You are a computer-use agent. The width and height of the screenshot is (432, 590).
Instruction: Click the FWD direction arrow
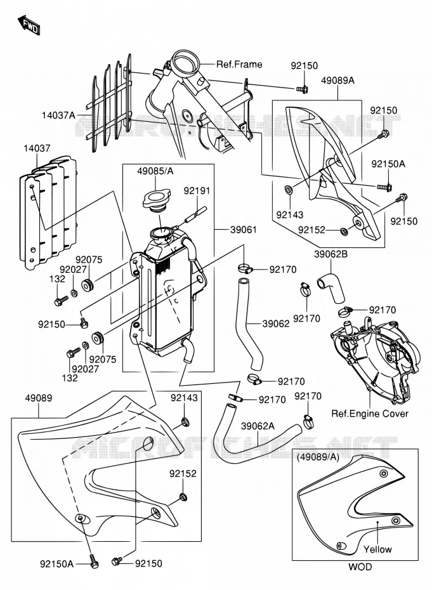click(x=29, y=25)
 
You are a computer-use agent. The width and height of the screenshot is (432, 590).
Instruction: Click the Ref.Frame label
click(x=239, y=64)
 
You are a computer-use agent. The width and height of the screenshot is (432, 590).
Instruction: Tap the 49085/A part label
click(x=155, y=171)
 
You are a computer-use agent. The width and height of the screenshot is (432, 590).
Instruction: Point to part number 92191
click(x=197, y=191)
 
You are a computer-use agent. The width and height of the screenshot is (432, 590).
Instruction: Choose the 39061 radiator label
click(x=244, y=230)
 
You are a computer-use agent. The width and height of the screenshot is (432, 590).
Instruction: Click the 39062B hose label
click(x=331, y=254)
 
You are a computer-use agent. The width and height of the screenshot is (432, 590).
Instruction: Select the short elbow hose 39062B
click(x=331, y=287)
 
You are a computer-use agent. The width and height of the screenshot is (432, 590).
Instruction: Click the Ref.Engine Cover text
click(x=370, y=414)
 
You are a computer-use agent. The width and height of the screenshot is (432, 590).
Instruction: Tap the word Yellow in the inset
click(x=377, y=549)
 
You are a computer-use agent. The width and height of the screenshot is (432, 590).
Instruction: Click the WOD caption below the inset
click(x=360, y=567)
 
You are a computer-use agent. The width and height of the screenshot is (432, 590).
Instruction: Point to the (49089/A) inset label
click(x=318, y=457)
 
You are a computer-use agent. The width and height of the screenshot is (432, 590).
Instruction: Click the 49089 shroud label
click(x=39, y=398)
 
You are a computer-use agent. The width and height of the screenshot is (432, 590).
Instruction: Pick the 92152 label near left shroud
click(x=183, y=473)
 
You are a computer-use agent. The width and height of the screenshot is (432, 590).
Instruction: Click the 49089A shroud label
click(x=337, y=81)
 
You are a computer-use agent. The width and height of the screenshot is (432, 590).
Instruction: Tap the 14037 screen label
click(x=37, y=148)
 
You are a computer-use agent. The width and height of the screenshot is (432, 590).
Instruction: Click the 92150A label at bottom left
click(x=57, y=563)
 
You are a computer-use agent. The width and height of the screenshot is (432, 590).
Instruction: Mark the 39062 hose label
click(x=276, y=324)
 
